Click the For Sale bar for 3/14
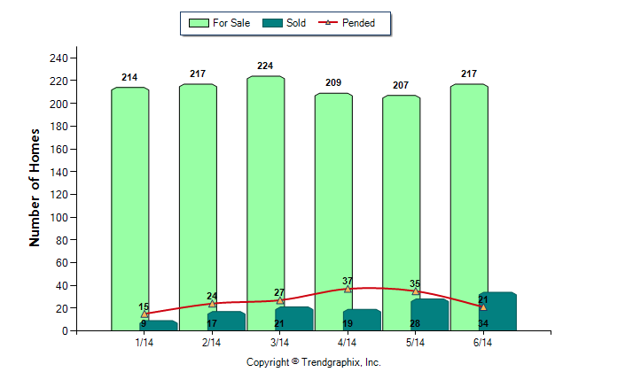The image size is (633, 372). [x=265, y=203]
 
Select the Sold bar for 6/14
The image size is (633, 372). [x=497, y=311]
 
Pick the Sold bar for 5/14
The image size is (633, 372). [x=430, y=314]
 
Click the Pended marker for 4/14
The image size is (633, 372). [x=348, y=289]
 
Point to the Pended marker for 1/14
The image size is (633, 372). [x=145, y=314]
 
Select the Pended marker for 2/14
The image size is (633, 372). [x=212, y=303]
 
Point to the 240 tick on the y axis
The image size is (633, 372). [x=59, y=58]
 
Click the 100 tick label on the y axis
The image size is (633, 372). [x=59, y=217]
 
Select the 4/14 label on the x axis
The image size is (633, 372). [x=348, y=343]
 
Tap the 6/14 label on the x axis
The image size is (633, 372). [x=483, y=343]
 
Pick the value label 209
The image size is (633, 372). [x=332, y=83]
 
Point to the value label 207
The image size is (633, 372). [x=401, y=85]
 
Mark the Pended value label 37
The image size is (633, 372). [x=348, y=281]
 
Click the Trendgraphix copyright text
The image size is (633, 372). [x=313, y=362]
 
